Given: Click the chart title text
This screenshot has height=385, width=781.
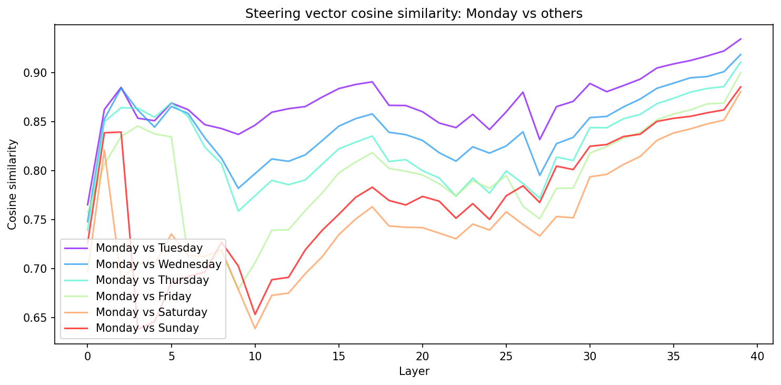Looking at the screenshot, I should click(x=414, y=14).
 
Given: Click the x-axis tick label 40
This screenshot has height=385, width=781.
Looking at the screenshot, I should click(x=757, y=357).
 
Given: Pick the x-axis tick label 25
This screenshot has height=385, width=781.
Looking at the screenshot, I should click(x=506, y=357).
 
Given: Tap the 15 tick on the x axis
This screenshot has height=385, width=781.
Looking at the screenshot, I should click(x=338, y=357).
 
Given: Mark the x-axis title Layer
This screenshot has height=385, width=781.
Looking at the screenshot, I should click(x=414, y=371).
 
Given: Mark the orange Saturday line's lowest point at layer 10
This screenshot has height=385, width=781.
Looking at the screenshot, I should click(x=255, y=329).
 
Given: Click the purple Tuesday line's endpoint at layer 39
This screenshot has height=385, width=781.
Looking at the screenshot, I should click(x=740, y=38).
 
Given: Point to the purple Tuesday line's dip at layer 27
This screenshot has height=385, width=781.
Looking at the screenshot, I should click(x=539, y=140).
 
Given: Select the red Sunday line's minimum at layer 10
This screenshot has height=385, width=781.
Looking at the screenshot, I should click(x=255, y=314).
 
